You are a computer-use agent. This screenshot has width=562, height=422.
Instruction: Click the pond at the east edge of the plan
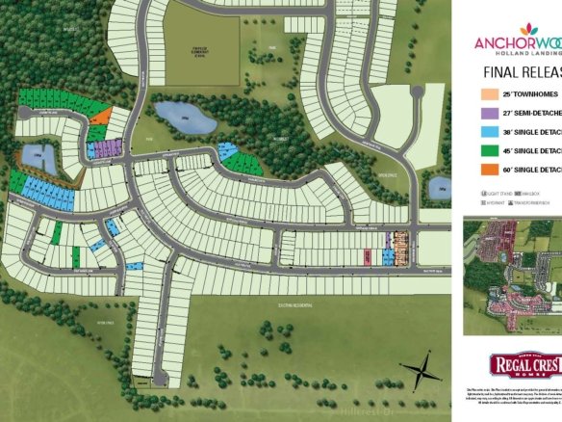coord(439,187)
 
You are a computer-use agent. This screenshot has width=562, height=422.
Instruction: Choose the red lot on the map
coord(368,256)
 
